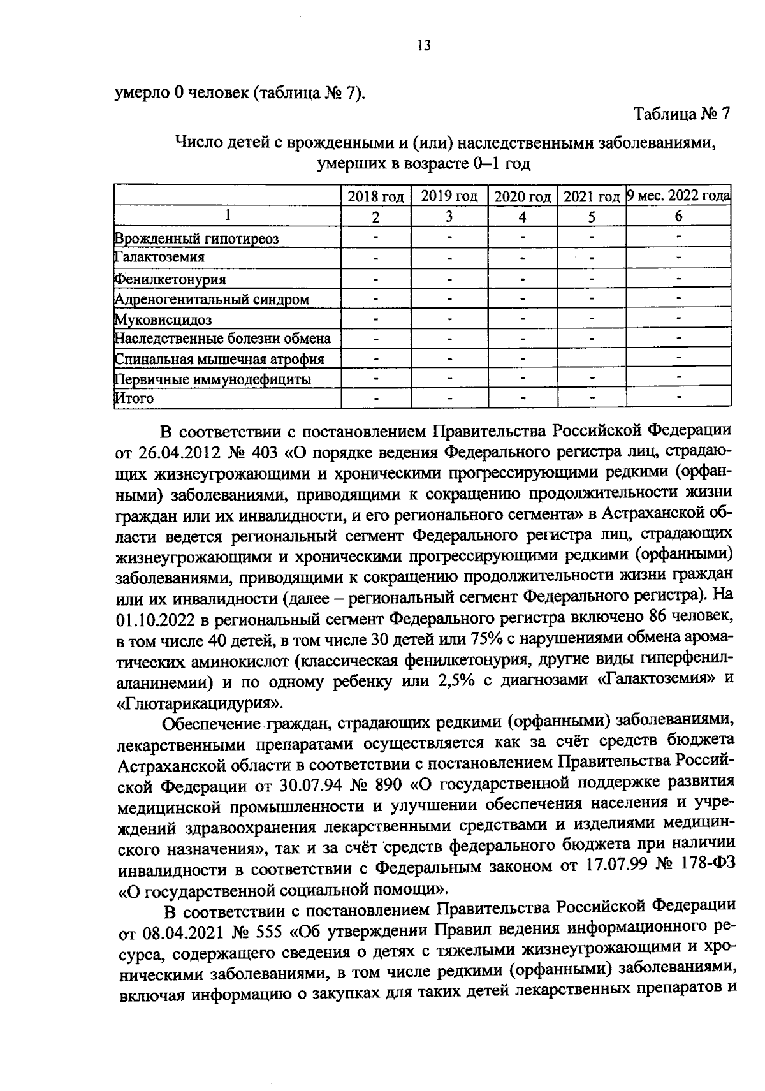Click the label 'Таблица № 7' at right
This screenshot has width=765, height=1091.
[x=681, y=114]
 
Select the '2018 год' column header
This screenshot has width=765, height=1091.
[x=375, y=196]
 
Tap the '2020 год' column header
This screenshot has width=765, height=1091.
[x=522, y=196]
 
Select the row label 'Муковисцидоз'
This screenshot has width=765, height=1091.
[x=163, y=319]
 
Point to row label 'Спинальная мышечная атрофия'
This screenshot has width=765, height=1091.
[x=219, y=359]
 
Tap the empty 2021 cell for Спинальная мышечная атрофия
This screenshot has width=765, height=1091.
[x=591, y=359]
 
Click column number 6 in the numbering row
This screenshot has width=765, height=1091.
[x=678, y=217]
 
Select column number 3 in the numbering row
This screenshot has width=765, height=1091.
[x=449, y=217]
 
